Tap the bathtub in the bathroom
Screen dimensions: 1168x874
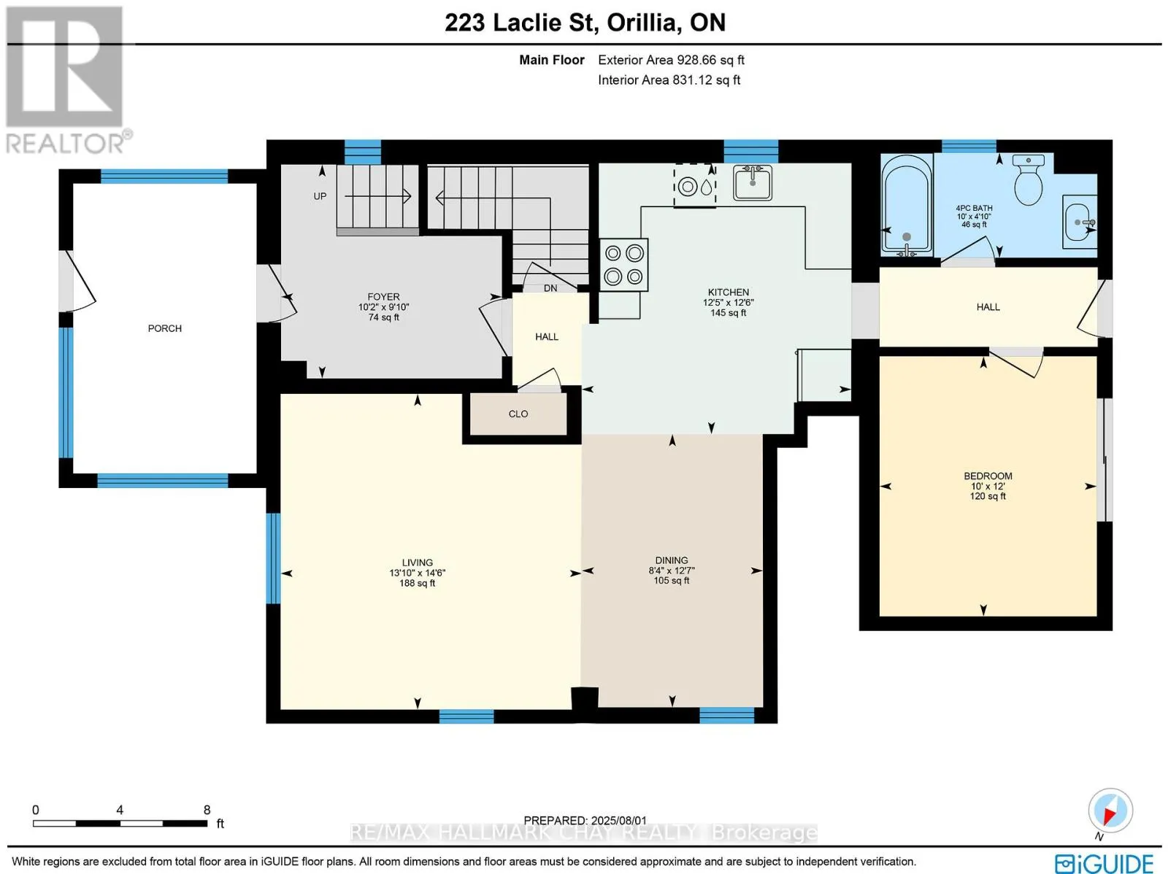[x=906, y=203]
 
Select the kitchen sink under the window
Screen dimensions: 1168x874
[x=753, y=182]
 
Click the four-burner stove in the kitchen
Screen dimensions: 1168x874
[x=623, y=265]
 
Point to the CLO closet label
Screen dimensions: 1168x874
[x=518, y=414]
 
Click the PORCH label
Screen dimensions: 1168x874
[x=164, y=328]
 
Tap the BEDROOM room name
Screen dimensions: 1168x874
[x=988, y=476]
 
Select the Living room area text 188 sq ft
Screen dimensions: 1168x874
[x=417, y=583]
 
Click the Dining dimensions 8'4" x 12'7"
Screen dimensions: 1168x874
[x=671, y=571]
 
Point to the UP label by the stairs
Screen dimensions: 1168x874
[x=320, y=196]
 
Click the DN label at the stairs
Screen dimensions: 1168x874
[x=550, y=288]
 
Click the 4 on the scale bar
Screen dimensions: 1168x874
[x=120, y=810]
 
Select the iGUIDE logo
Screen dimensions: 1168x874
[x=1104, y=863]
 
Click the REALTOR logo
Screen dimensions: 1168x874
[x=68, y=80]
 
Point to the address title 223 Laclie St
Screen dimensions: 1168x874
[x=519, y=23]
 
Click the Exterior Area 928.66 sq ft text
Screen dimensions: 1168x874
[x=671, y=60]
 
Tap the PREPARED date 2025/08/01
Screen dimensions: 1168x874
[x=585, y=821]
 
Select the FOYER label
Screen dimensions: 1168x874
[x=383, y=297]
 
